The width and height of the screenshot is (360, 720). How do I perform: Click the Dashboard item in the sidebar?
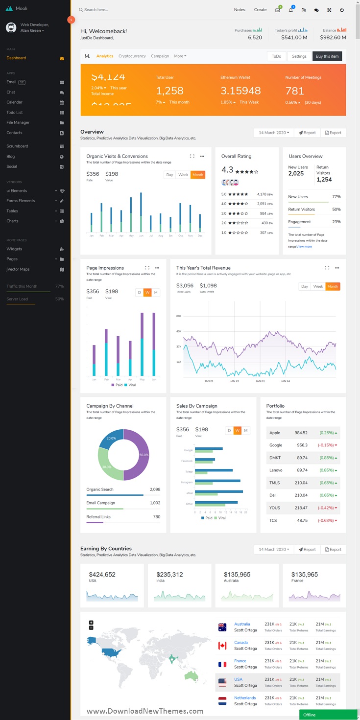point(16,58)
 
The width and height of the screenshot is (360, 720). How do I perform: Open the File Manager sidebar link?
point(18,122)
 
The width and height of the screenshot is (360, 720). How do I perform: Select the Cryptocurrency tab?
point(132,56)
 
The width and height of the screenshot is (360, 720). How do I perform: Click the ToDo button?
point(276,56)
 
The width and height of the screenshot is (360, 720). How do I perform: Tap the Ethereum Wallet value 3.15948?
point(240,91)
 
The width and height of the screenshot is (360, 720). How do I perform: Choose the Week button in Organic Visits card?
point(183,175)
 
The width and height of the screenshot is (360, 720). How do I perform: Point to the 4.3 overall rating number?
point(227,170)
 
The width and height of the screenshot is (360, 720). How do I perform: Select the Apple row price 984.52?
point(301,433)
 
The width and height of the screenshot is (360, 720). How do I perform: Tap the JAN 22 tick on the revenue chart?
point(235,381)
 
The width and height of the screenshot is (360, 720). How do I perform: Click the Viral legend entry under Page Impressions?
point(130,385)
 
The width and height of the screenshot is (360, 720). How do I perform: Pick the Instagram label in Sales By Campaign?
point(187,482)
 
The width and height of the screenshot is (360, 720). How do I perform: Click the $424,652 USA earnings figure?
point(102,575)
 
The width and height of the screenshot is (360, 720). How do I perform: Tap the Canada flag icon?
point(222,646)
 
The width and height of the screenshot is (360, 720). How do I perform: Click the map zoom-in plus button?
point(91,623)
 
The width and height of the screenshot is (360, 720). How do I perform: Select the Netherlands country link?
point(244,698)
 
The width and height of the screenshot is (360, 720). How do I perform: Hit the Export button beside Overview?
point(333,133)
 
